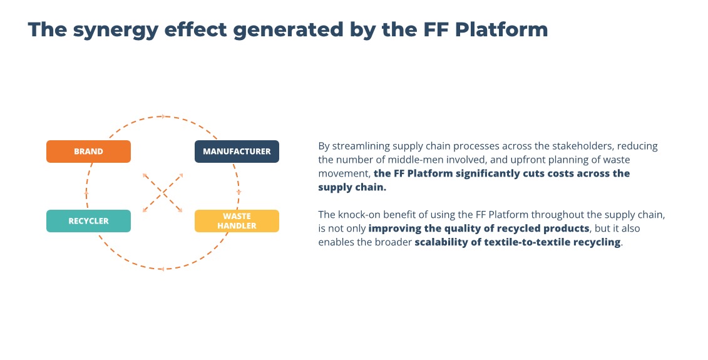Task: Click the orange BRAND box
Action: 88,152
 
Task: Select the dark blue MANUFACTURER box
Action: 237,152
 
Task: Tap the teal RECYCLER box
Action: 88,221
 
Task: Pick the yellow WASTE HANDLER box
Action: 237,221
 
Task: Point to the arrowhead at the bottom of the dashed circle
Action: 162,269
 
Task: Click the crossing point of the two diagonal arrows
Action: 163,193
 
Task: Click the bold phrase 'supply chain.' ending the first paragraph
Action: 352,187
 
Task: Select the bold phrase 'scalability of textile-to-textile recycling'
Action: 518,242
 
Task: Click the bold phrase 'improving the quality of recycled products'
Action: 479,229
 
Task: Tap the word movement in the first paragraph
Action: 344,173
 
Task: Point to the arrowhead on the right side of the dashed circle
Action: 239,191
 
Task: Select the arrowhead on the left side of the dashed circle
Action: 86,194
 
